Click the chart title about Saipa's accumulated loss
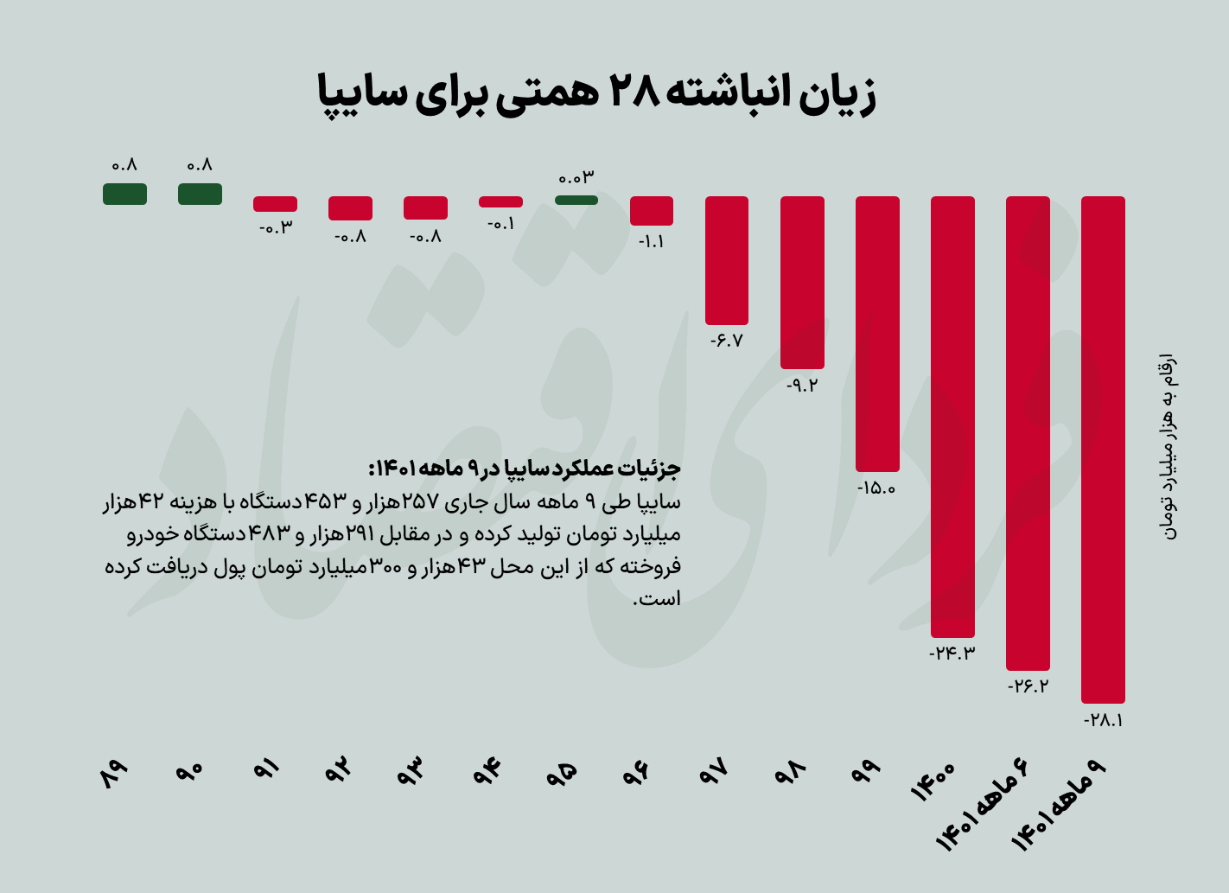point(597,93)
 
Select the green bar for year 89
point(124,194)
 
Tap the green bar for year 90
point(200,194)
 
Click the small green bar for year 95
point(576,200)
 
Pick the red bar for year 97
point(726,259)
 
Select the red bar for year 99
point(877,333)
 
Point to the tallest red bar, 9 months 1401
point(1103,450)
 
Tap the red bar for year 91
point(275,204)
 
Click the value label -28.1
point(1103,720)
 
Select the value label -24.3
point(952,654)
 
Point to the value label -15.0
point(876,488)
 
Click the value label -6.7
point(726,341)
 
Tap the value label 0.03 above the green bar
point(576,178)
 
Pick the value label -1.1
point(651,242)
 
